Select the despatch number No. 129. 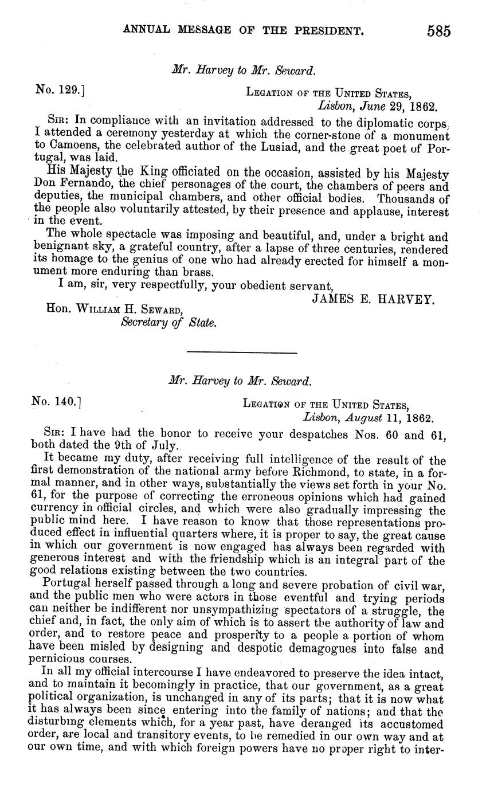pyautogui.click(x=60, y=90)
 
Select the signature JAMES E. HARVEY pyautogui.click(x=373, y=299)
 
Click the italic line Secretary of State pyautogui.click(x=168, y=323)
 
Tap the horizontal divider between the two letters pyautogui.click(x=242, y=352)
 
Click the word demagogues pyautogui.click(x=358, y=649)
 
